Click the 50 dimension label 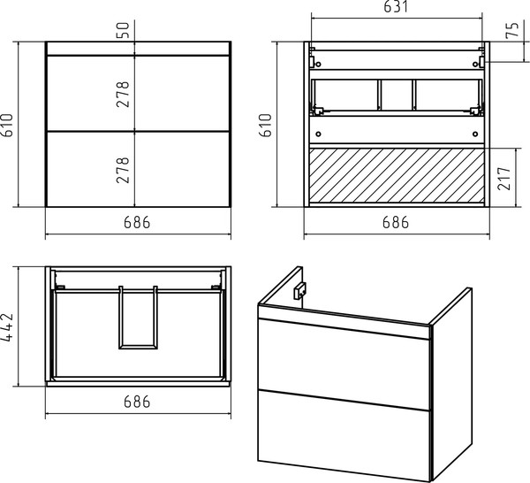124,30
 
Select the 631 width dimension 396,7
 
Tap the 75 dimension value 512,30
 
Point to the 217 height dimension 504,179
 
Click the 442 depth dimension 7,327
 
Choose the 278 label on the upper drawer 123,95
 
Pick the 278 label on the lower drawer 123,170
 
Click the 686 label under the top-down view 137,402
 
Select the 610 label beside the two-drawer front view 7,125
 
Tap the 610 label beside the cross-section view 266,126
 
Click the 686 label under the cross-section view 396,222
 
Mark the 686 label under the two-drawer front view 137,222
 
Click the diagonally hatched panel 397,176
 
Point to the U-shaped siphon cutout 139,347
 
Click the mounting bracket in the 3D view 299,291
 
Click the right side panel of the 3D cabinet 451,382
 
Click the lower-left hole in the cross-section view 318,134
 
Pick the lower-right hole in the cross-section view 475,134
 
